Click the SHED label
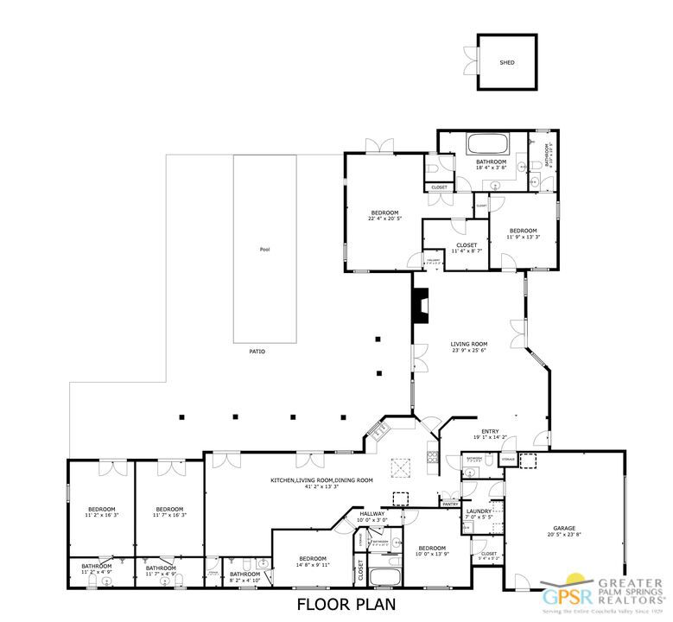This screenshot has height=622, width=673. click(507, 63)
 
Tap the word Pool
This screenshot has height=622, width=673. click(264, 250)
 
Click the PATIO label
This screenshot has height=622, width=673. click(257, 352)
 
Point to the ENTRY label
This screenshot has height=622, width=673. click(490, 432)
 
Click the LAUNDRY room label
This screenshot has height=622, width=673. click(479, 511)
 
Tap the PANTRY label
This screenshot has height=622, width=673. click(450, 503)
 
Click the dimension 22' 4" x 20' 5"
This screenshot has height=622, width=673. click(384, 219)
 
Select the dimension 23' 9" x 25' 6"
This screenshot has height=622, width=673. click(468, 350)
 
